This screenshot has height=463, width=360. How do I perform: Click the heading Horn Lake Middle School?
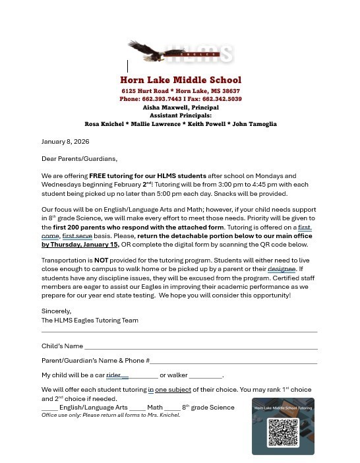[180, 80]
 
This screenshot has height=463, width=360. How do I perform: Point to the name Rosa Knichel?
[104, 124]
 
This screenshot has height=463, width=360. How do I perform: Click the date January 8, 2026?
[65, 142]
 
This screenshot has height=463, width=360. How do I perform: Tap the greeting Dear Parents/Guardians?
[79, 159]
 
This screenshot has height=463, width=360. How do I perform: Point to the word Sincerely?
[56, 311]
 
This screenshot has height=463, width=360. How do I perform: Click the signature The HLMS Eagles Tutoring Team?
[90, 321]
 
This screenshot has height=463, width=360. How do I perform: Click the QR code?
[283, 432]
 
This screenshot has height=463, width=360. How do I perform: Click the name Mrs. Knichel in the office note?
[164, 416]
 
